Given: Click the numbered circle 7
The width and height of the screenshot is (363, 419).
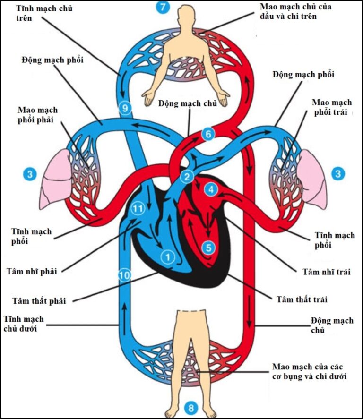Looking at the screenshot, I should coord(163,7).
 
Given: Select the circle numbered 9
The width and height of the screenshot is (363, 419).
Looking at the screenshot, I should coord(125,109).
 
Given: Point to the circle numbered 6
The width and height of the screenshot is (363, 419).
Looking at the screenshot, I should coord(207,134).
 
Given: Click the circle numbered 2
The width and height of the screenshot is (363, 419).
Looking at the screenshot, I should coord(188,177).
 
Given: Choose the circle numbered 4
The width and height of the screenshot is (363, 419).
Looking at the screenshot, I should coord(211,190).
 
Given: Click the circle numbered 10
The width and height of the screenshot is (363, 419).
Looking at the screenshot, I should coord(124,274).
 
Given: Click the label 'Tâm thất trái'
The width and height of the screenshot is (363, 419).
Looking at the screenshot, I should coord(301,299).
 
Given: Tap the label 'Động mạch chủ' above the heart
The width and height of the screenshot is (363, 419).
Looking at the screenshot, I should coord(188,104).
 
